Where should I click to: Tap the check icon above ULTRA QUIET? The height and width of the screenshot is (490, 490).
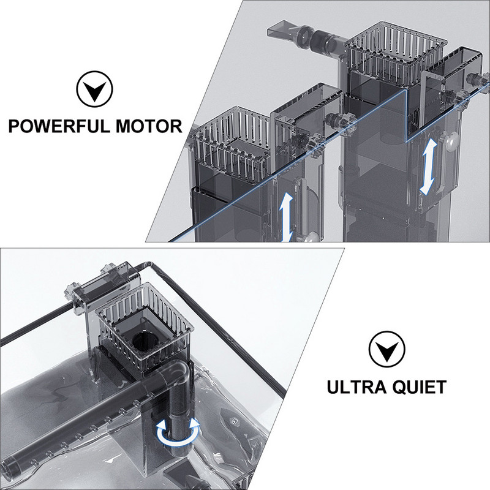[x=386, y=352]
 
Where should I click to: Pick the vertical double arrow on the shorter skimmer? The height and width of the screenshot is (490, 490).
[x=285, y=218]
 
